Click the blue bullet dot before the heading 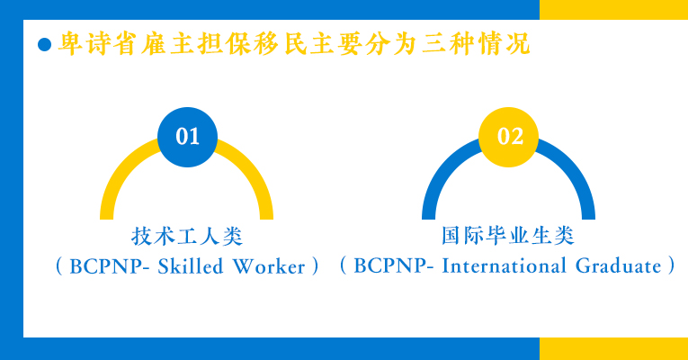tap(44, 44)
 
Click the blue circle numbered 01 tap(187, 137)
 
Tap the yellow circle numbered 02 tap(508, 137)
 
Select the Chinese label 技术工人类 tap(187, 236)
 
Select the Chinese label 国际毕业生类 tap(507, 235)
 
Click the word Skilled tap(191, 266)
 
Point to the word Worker tap(269, 266)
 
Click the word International tap(504, 265)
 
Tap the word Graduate tap(618, 265)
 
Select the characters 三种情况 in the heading tap(477, 43)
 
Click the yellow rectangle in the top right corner tap(614, 10)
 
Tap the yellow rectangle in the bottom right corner tap(614, 349)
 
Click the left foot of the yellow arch tap(107, 216)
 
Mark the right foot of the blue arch tap(588, 216)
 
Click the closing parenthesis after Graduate tap(671, 265)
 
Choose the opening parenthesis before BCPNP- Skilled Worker tap(58, 266)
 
